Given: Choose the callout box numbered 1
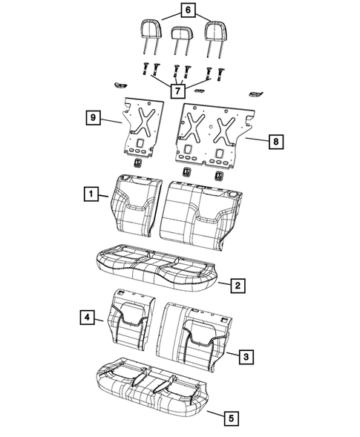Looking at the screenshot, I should pyautogui.click(x=90, y=195).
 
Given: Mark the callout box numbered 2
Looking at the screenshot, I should pyautogui.click(x=238, y=285).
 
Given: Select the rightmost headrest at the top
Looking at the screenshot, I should pyautogui.click(x=215, y=30).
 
